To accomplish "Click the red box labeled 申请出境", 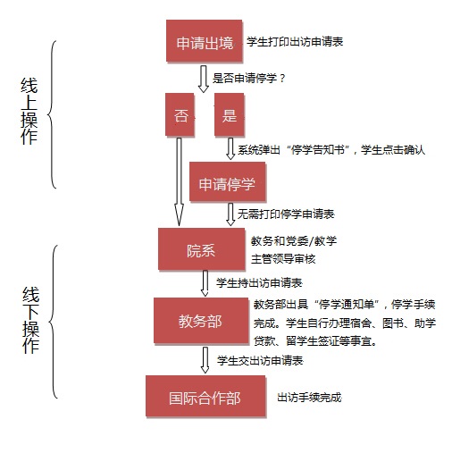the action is pos(205,41).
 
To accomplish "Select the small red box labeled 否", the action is pos(180,114).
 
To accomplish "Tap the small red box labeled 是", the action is pos(230,114).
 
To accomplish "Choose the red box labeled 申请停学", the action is pos(227,181).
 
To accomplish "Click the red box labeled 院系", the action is pos(201,248).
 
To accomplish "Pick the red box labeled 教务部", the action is pos(201,321).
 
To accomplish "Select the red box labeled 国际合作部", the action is pos(205,396).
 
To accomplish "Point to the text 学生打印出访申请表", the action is pos(295,42).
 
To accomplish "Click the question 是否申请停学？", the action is pos(249,79).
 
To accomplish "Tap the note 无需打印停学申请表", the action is pos(286,214).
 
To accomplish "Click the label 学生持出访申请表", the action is pos(259,283).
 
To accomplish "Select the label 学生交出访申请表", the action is pos(260,361).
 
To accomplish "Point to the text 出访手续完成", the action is pos(309,398).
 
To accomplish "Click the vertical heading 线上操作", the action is pos(29,111).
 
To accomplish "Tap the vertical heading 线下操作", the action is pos(30,320).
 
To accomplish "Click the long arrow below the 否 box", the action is pos(179,181).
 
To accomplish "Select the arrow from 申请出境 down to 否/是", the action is pos(204,79).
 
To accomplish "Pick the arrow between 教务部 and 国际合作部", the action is pos(205,360).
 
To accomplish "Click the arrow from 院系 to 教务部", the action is pos(205,283).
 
